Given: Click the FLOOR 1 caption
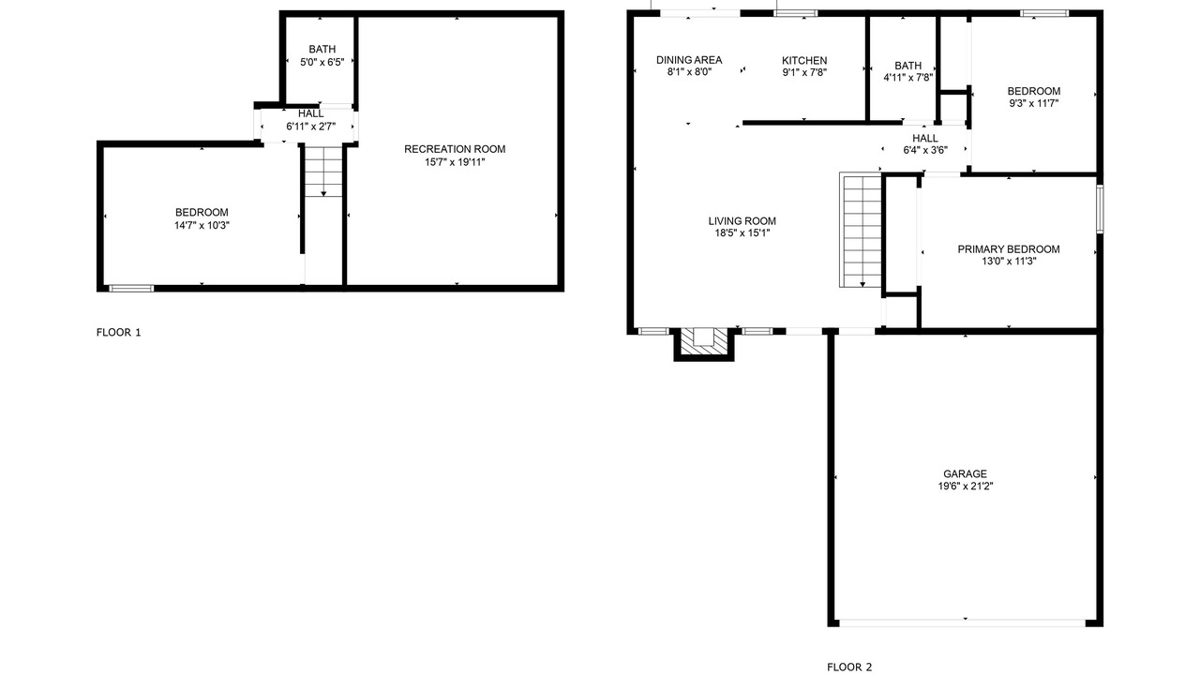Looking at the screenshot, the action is tap(118, 333).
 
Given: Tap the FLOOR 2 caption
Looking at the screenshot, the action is tap(849, 667).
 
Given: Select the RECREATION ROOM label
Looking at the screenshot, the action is tap(455, 149).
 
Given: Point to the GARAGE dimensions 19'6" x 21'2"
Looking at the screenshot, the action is tap(966, 487).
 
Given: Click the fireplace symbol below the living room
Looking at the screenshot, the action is tap(704, 343).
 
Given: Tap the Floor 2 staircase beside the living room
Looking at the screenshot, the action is tap(861, 230).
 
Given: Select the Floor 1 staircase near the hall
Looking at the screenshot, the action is tap(323, 171).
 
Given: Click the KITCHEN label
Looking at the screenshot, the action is tap(804, 61).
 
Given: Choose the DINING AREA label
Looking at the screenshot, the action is tap(689, 60).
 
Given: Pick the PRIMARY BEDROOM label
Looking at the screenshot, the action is tap(1009, 249).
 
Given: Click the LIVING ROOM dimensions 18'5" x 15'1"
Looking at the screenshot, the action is tap(742, 233).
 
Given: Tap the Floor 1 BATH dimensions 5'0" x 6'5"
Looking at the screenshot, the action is tap(322, 62).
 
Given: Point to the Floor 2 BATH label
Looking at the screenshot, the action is tap(908, 66).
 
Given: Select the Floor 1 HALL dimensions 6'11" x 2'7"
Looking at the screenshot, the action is tap(310, 127).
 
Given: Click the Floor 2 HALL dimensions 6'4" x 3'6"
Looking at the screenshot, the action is tap(925, 151).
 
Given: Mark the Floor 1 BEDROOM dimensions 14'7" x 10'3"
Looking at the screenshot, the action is tap(202, 226).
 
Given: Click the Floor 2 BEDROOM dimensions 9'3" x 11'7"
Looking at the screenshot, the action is tap(1033, 103).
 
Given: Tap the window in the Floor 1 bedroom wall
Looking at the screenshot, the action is tap(131, 288).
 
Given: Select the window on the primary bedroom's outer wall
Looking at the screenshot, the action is tap(1100, 209).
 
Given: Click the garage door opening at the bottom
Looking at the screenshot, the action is tap(962, 623).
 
